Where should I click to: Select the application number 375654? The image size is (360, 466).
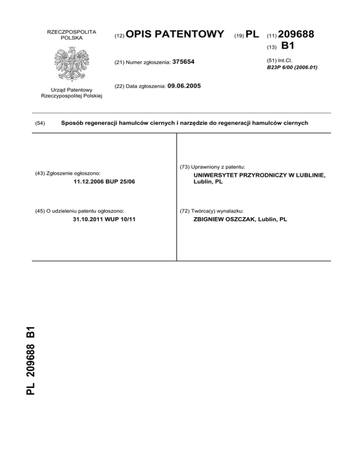coord(184,62)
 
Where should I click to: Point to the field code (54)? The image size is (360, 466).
coord(40,123)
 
